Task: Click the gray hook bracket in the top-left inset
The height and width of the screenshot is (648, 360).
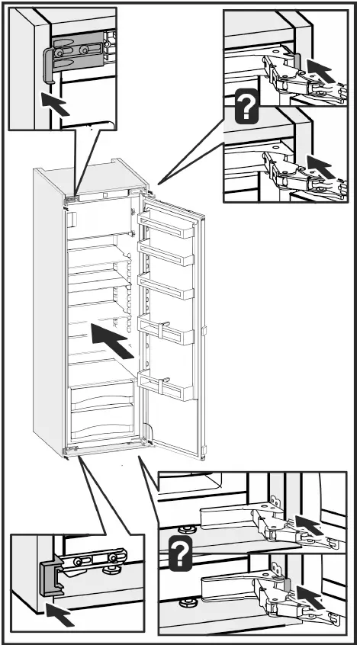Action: (x=48, y=60)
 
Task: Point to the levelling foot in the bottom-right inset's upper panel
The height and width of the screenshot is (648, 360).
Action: (x=183, y=528)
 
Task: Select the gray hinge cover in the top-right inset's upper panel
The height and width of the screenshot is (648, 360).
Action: (x=294, y=62)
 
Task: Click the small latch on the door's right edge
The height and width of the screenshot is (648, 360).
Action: (x=206, y=331)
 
